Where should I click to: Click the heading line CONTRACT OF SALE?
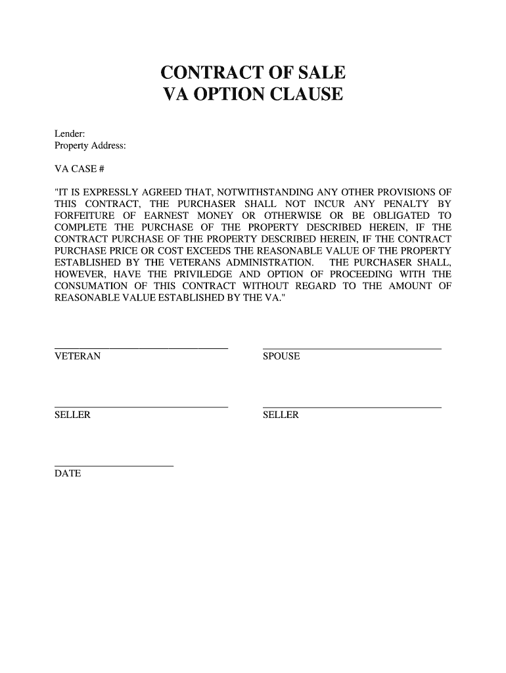253,72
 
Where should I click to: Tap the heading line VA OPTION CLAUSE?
253,95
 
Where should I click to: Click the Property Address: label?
90,145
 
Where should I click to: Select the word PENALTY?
409,204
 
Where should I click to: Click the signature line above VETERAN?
141,348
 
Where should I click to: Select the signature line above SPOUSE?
352,348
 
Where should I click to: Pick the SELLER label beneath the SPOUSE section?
281,415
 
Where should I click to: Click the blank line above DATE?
114,465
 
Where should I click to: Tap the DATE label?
68,473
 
